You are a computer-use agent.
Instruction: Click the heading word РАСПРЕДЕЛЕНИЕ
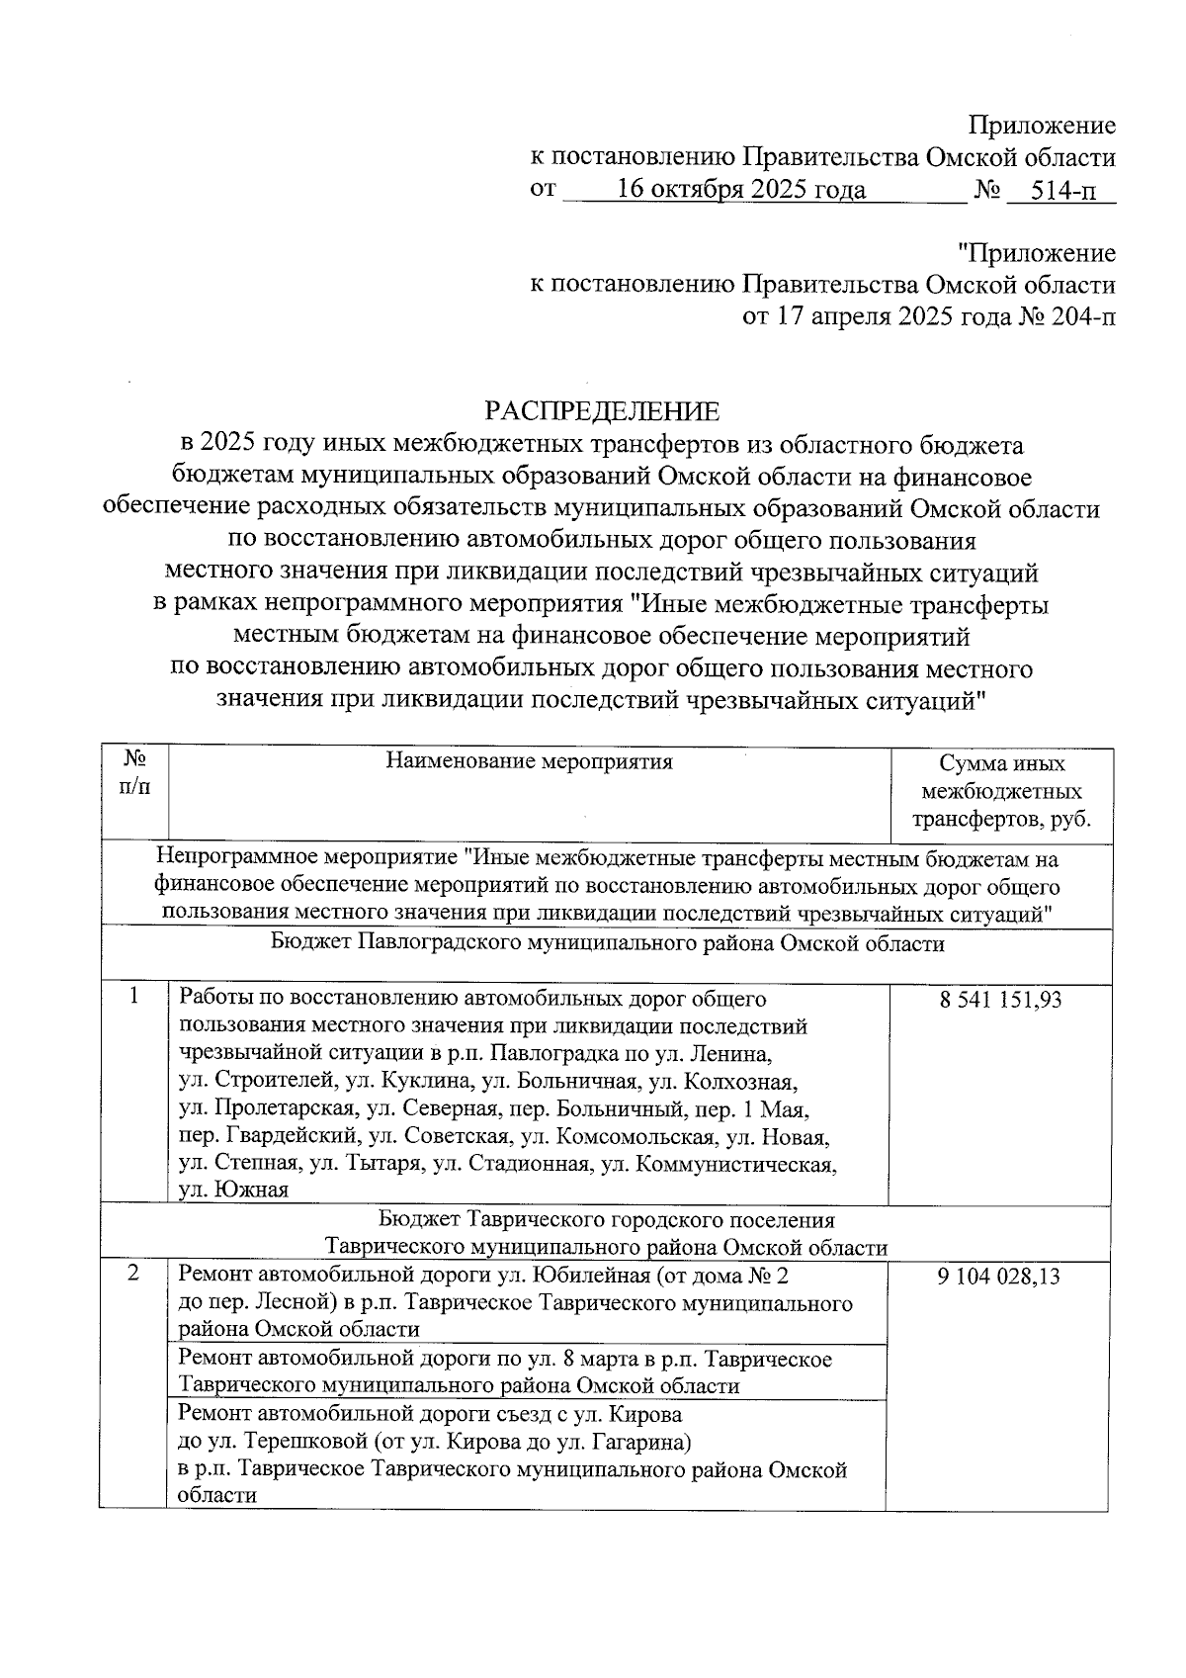601,410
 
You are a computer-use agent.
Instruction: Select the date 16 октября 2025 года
741,190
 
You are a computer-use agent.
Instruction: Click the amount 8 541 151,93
1000,1000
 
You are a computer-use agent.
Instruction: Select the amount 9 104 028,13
1000,1276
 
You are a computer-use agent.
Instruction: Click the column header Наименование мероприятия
529,761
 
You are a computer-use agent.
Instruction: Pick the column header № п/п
134,776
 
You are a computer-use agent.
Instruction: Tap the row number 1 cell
133,997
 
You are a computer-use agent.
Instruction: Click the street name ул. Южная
233,1191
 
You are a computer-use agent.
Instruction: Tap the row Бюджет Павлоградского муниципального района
607,944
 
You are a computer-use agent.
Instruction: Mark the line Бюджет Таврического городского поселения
607,1220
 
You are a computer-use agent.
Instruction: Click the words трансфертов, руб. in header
1001,820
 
